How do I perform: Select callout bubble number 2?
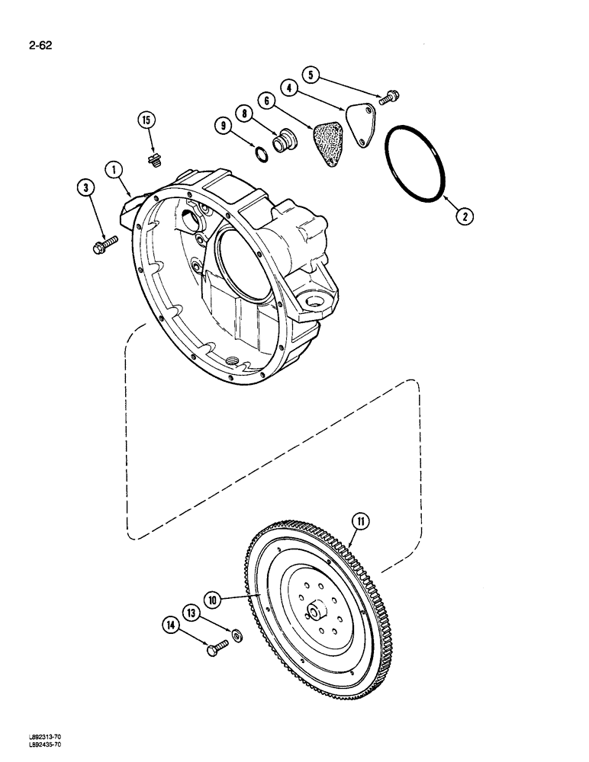[x=465, y=216]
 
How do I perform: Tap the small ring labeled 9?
[x=260, y=155]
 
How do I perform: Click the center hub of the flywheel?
[x=316, y=613]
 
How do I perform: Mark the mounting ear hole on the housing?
[x=313, y=303]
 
